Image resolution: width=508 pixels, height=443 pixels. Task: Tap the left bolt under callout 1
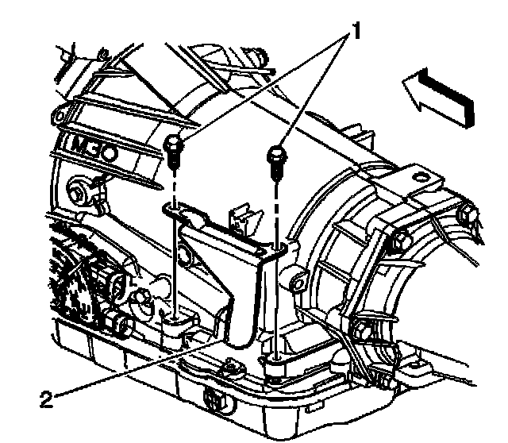175,150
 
